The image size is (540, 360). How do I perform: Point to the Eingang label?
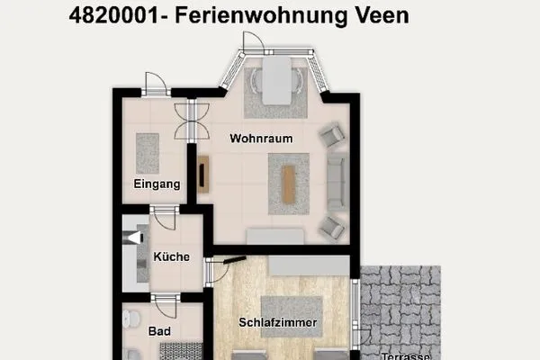coord(157,184)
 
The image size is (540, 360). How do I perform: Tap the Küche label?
coord(171,256)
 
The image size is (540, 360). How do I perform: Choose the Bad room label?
coord(160,331)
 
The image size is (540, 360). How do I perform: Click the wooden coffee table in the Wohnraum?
coord(289,183)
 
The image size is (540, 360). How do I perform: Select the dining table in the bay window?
coord(276,79)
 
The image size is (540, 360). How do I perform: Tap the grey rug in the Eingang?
coord(148,153)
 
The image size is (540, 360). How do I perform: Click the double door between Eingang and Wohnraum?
coord(192,121)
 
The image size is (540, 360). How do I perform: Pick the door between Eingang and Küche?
coord(164,216)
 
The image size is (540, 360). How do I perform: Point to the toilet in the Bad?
coord(132,319)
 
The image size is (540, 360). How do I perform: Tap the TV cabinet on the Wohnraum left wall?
coord(203,175)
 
